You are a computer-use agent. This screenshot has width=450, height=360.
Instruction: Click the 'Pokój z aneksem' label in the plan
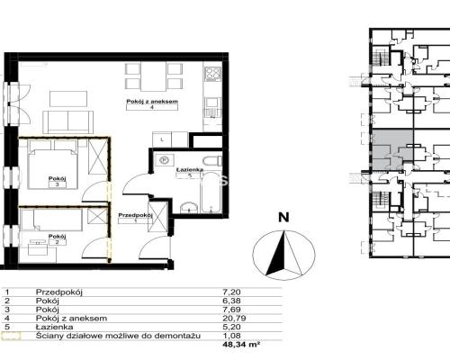coord(152,102)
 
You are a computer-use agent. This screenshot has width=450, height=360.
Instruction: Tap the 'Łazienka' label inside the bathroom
coord(190,170)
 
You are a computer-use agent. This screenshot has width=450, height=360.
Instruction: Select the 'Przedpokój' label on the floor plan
coord(136,215)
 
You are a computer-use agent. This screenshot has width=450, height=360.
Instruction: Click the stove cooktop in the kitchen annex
coord(213,74)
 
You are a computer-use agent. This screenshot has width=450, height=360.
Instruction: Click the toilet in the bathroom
coord(212,161)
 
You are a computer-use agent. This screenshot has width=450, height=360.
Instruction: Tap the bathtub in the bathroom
coord(211,192)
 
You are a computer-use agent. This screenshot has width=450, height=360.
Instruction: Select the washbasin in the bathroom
coord(189,208)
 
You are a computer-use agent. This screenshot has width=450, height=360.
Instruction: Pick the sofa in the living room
coord(68,121)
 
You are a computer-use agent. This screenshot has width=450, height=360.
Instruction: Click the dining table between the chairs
coord(154,76)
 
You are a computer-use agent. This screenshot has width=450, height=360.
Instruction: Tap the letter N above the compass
coord(283,217)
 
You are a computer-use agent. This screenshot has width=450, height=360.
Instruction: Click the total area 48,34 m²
coord(241,344)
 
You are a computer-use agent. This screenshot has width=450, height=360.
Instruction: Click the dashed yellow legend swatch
coord(11,336)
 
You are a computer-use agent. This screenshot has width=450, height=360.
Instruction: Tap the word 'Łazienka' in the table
coord(54,327)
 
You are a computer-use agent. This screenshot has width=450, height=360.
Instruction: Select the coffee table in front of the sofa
coord(68,99)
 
